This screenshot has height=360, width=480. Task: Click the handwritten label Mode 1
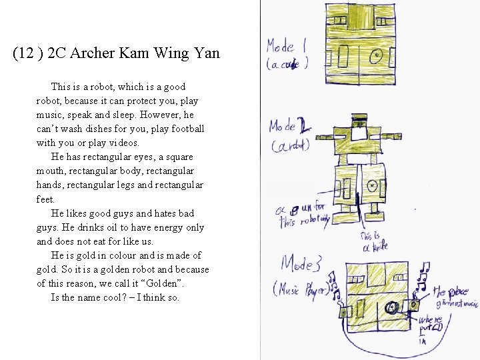coord(286,47)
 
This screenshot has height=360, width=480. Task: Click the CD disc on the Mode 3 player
coord(392,307)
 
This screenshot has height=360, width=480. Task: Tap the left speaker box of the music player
coord(344,311)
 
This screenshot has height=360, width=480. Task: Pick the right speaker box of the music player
coord(413,305)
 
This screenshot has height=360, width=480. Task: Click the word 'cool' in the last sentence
coord(109,297)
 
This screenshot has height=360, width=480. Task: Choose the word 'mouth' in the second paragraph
coord(51,171)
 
